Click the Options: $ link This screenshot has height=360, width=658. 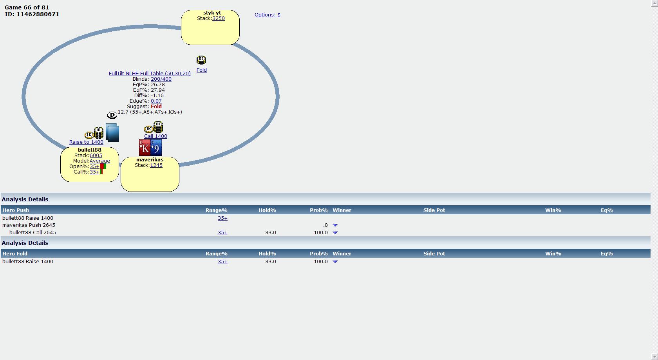tap(267, 15)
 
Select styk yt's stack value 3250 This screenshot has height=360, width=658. tap(218, 18)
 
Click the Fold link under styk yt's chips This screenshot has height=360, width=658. tap(201, 70)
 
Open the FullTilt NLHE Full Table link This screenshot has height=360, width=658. tap(150, 74)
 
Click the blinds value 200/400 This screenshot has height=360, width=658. tap(161, 79)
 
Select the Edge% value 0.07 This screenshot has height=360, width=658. tap(156, 101)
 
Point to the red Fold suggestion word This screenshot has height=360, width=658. tap(156, 107)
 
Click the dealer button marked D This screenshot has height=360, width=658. tap(112, 115)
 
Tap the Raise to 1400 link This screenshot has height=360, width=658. tap(86, 142)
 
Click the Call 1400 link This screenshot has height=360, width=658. tap(155, 136)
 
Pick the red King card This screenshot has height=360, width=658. tap(145, 148)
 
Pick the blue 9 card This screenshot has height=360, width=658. tap(156, 148)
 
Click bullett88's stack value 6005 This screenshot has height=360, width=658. tap(96, 156)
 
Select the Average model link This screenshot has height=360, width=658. tap(99, 161)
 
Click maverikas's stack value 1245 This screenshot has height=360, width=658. tap(156, 165)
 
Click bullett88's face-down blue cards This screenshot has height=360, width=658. tap(112, 133)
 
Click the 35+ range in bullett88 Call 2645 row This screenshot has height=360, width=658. tap(222, 233)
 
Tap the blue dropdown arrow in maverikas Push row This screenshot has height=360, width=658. tap(335, 225)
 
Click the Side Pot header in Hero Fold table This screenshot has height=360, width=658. tap(434, 254)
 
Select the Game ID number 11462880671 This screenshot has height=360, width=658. tap(38, 14)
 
